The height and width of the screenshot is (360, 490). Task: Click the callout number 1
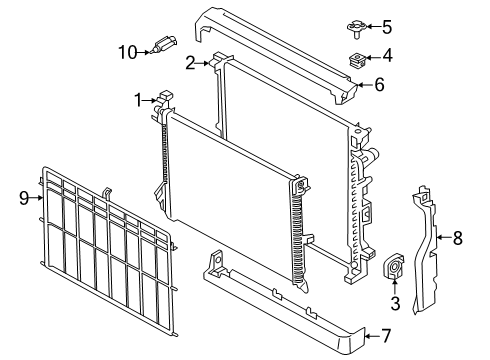point(138,98)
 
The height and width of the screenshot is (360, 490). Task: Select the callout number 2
point(190,62)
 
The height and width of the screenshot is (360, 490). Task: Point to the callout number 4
point(387,56)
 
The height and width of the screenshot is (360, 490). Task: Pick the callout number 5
point(387,27)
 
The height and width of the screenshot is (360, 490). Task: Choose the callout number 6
point(379,85)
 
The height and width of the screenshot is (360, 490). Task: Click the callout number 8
point(459,237)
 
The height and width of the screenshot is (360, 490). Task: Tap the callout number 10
point(127,51)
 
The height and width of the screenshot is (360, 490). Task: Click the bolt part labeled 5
point(356,26)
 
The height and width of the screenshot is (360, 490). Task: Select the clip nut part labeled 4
point(356,58)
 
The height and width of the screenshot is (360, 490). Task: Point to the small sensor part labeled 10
point(164,45)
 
